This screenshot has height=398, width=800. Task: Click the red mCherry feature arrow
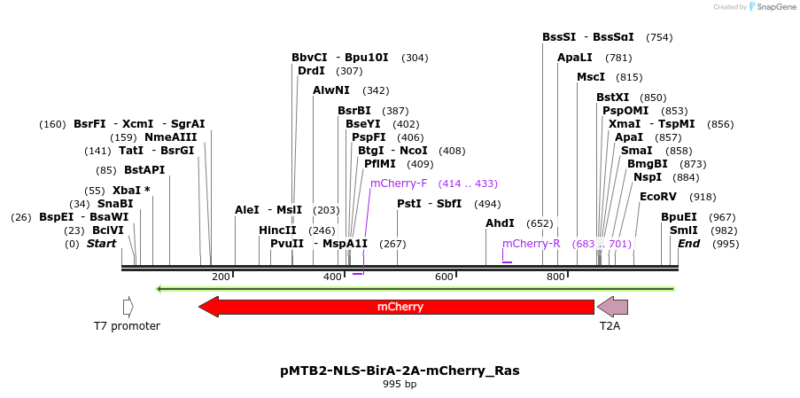(396, 307)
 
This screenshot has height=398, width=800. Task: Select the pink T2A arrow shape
(612, 307)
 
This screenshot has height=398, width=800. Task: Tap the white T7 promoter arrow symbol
(128, 307)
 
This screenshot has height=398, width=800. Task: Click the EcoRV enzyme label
(657, 197)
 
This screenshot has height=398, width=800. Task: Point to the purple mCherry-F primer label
(399, 183)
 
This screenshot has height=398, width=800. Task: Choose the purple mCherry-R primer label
(531, 243)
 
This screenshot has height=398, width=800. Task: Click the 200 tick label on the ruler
(221, 277)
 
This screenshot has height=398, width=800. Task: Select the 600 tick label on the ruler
(444, 277)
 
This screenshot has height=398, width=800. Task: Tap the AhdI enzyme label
(500, 223)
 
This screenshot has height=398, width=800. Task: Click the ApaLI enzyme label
(575, 58)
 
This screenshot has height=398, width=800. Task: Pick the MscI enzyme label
(591, 77)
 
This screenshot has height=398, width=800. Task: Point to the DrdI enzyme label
(311, 71)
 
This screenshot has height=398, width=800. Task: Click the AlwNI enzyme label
(331, 90)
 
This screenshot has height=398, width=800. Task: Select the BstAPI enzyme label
(144, 170)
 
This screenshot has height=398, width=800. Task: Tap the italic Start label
(101, 244)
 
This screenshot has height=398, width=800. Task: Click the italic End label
(689, 244)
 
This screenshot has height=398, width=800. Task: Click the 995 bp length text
(400, 385)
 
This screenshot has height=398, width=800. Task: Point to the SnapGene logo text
(776, 7)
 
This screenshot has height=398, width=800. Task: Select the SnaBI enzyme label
(115, 204)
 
